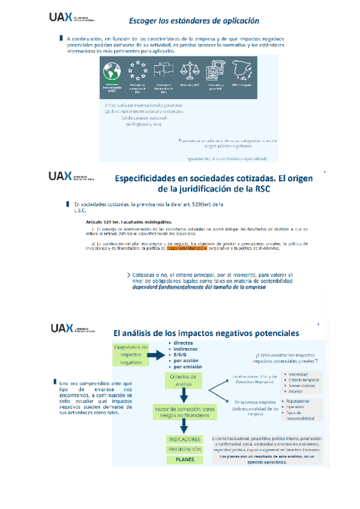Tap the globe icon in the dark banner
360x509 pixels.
(x=112, y=71)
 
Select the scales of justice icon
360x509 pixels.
(x=188, y=71)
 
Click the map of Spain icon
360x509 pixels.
(x=242, y=70)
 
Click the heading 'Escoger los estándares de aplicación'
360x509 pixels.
(x=190, y=20)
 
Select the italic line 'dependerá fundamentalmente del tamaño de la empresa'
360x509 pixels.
(x=199, y=287)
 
